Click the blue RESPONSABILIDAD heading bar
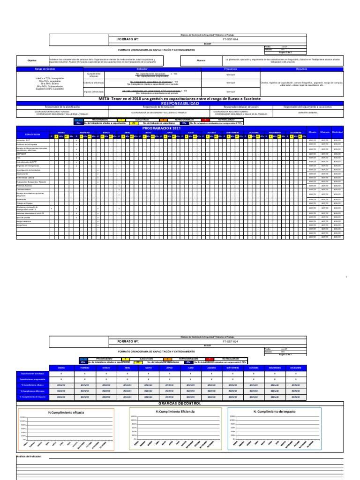[x=180, y=103]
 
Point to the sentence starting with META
[x=180, y=99]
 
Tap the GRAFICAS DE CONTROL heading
[x=180, y=403]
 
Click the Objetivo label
[x=32, y=60]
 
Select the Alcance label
[x=201, y=60]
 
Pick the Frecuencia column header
[x=230, y=69]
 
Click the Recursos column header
[x=302, y=69]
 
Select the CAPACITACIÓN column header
[x=32, y=135]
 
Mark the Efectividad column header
[x=337, y=133]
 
